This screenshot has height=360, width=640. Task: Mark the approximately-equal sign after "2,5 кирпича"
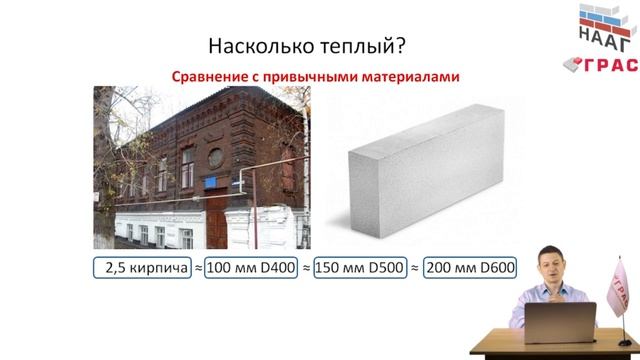pyautogui.click(x=198, y=268)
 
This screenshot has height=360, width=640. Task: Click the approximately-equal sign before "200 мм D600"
pyautogui.click(x=417, y=268)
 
